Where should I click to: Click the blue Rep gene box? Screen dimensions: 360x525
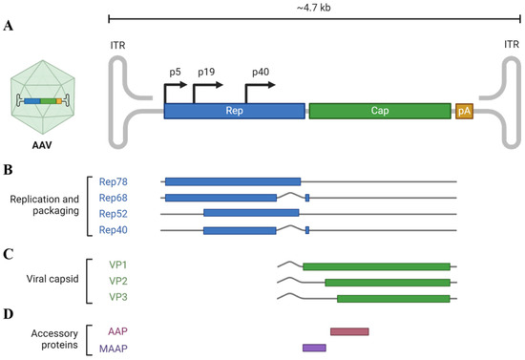click(x=235, y=112)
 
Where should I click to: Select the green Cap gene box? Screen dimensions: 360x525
click(x=380, y=112)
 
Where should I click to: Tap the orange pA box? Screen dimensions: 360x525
click(x=464, y=112)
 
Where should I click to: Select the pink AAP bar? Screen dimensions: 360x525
click(x=349, y=331)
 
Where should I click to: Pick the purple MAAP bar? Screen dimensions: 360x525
click(x=314, y=348)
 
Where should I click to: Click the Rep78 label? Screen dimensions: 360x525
click(x=114, y=180)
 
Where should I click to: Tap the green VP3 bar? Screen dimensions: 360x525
click(x=392, y=299)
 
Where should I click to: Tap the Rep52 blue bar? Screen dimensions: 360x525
click(x=251, y=213)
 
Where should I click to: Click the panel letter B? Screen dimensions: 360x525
click(x=8, y=170)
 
